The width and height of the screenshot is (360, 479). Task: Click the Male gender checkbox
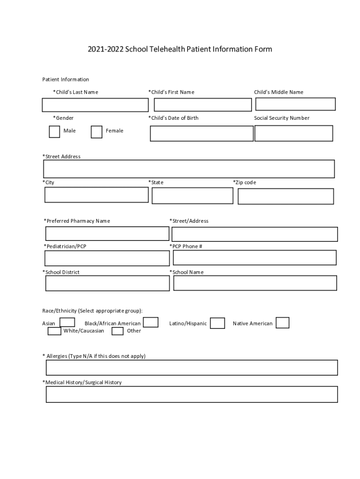click(x=54, y=131)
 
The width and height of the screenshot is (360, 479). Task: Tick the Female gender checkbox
click(x=96, y=132)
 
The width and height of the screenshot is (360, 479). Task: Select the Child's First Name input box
click(x=202, y=105)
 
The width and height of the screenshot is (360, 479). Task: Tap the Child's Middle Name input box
click(x=295, y=104)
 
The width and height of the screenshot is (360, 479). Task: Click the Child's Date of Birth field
click(x=202, y=133)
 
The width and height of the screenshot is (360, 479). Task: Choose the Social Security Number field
click(x=294, y=133)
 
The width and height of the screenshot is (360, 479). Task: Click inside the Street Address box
click(x=189, y=169)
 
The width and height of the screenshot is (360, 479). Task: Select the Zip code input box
click(x=286, y=196)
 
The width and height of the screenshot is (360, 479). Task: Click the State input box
click(x=192, y=196)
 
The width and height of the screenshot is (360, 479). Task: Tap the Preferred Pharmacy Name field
click(x=107, y=233)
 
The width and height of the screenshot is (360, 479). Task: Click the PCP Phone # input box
click(x=254, y=258)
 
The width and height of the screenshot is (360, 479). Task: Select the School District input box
click(x=107, y=283)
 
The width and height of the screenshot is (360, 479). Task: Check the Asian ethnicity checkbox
click(x=67, y=322)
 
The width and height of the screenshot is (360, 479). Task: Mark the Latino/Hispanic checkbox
click(x=217, y=323)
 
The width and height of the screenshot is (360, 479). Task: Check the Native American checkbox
click(x=282, y=323)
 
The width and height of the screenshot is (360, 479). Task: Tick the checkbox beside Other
click(x=118, y=331)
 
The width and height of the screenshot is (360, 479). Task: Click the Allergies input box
click(x=192, y=368)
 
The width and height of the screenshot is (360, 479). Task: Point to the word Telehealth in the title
click(x=167, y=49)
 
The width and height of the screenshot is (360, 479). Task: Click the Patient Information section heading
click(x=65, y=80)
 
